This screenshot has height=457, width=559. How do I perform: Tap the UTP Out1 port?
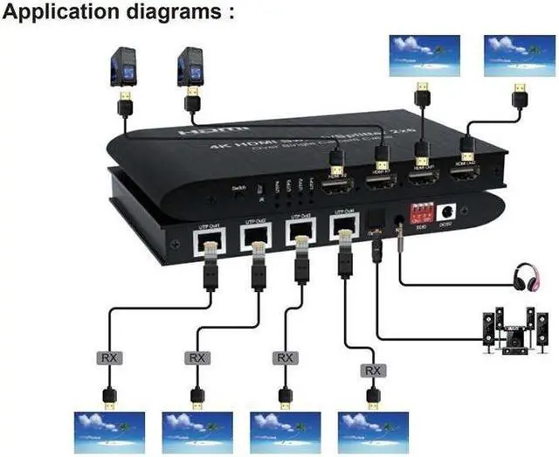(x=211, y=238)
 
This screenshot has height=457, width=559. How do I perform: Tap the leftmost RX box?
(x=105, y=358)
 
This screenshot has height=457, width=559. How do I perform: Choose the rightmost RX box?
(x=373, y=370)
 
